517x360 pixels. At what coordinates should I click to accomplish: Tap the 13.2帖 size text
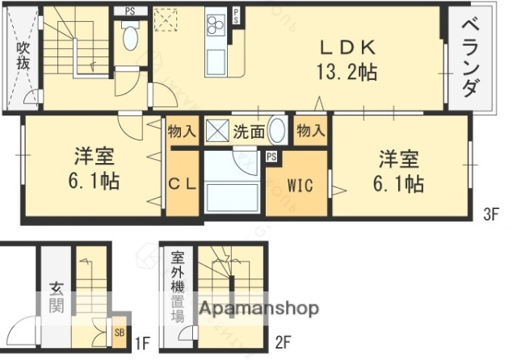tap(346, 72)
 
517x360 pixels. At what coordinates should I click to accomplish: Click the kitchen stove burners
tap(216, 27)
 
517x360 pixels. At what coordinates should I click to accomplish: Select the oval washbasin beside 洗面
tap(276, 131)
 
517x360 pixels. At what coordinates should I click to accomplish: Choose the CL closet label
tap(182, 185)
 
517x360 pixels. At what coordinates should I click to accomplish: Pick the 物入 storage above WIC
tap(310, 131)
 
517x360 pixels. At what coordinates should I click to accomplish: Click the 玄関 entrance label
tap(56, 295)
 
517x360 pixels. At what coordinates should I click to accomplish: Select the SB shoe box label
tap(119, 331)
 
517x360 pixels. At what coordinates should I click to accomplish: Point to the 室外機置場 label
tap(178, 287)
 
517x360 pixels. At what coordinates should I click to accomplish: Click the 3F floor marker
tap(491, 214)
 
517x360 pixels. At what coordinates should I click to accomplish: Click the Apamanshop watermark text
tap(258, 308)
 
